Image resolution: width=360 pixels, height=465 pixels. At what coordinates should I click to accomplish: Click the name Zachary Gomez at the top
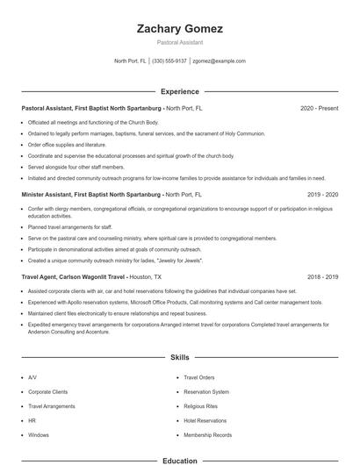(x=180, y=29)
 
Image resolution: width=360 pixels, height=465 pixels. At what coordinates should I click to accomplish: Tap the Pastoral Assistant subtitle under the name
(x=180, y=42)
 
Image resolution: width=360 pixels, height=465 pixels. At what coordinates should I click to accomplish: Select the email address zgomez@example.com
(x=219, y=61)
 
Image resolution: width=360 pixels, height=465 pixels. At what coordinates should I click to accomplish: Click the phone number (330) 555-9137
(x=169, y=61)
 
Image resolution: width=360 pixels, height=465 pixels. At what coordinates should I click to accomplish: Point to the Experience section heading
(x=180, y=91)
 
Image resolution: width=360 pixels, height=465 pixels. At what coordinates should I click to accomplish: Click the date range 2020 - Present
(x=319, y=109)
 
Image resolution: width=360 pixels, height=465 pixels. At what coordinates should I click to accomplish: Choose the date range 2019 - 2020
(x=322, y=194)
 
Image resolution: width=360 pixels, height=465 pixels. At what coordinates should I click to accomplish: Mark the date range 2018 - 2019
(x=322, y=276)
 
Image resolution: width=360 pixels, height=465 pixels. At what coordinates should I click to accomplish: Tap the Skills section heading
(x=180, y=358)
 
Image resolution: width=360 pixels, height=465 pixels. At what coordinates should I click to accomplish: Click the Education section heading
(x=180, y=460)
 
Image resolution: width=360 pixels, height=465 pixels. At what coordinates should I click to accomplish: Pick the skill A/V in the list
(x=32, y=377)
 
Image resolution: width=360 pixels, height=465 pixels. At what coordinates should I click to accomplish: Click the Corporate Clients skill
(x=47, y=392)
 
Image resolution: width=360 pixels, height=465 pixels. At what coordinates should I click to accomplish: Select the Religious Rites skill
(x=201, y=406)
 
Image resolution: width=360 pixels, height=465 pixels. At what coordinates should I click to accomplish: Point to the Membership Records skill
(x=208, y=435)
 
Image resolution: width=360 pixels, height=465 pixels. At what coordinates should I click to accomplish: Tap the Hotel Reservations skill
(x=205, y=421)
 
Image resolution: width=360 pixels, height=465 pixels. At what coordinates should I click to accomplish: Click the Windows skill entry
(x=39, y=435)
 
